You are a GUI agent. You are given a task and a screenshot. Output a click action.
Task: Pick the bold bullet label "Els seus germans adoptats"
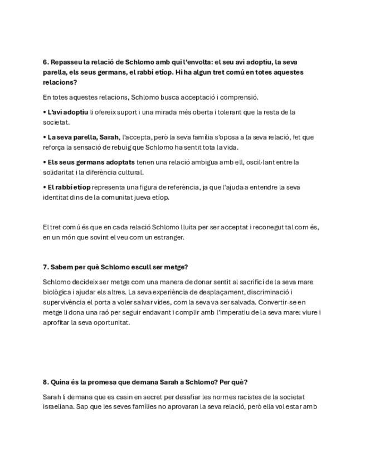click(x=91, y=162)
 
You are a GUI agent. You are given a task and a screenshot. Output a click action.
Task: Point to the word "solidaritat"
click(x=60, y=172)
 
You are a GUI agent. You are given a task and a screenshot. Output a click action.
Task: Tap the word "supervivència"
click(x=63, y=302)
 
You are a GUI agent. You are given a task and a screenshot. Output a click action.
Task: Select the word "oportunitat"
click(x=111, y=322)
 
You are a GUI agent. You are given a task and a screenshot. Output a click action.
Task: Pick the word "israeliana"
click(x=59, y=407)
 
